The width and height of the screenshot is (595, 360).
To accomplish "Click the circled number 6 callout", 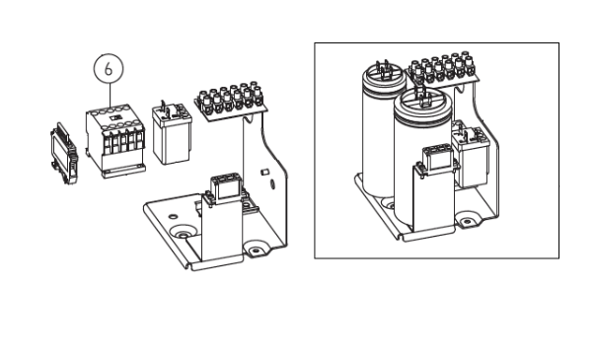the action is (109, 69).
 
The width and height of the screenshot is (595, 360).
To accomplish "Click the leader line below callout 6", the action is (111, 96).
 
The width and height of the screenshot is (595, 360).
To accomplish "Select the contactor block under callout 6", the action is (115, 141).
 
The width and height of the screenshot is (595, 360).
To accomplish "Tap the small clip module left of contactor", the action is (64, 153).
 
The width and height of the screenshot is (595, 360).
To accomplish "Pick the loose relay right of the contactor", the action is (172, 134).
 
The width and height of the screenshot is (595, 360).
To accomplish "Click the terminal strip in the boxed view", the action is (443, 69).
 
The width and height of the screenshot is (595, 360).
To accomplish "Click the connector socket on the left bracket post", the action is (226, 187).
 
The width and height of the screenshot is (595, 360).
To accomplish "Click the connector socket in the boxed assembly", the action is (438, 158).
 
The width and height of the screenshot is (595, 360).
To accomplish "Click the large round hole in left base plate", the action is (184, 233).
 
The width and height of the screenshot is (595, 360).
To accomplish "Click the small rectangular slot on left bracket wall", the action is (264, 173).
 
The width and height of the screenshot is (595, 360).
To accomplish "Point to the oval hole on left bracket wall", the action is (272, 184).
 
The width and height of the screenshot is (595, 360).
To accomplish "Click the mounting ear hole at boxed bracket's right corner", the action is (467, 221).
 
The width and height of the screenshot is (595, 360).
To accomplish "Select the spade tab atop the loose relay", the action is (163, 107).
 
